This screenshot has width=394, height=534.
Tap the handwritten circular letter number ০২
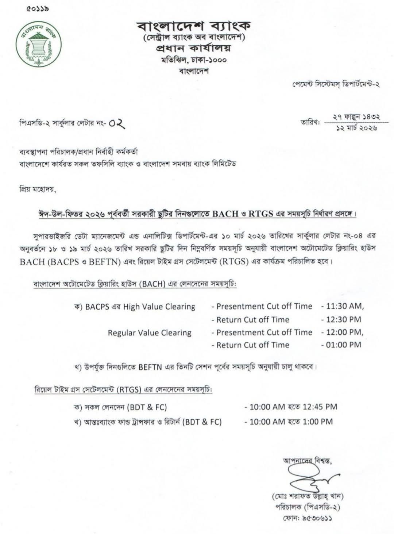[117, 124]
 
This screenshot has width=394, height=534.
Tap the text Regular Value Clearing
[150, 333]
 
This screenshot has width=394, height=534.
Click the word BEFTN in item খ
[150, 367]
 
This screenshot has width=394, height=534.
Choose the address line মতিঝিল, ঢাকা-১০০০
[194, 60]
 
